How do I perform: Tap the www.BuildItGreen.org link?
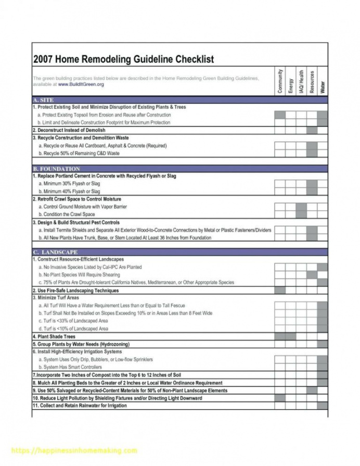point(81,84)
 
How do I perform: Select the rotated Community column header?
point(280,81)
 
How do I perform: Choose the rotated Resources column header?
point(312,82)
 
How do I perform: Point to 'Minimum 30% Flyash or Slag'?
point(69,184)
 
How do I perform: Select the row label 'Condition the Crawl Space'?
point(67,215)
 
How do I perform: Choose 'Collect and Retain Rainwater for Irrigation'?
point(81,406)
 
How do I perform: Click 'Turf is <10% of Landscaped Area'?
point(73,329)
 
